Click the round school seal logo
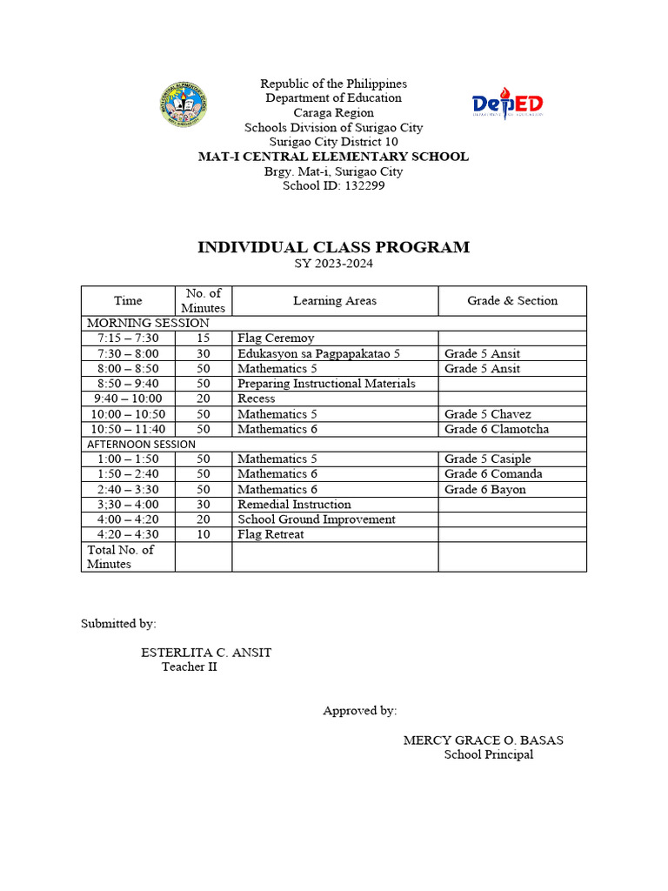(184, 104)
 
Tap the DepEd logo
(508, 104)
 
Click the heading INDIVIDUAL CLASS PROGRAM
(334, 247)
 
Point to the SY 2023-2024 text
(334, 264)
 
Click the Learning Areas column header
(335, 300)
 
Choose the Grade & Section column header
(512, 300)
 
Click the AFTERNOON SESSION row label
(142, 444)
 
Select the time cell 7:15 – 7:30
(128, 338)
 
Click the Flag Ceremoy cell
(276, 338)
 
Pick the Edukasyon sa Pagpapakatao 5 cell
(318, 353)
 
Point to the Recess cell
(256, 399)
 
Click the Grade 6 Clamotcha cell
(497, 429)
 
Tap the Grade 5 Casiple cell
(487, 459)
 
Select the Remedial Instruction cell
(294, 504)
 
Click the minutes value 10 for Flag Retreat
(204, 534)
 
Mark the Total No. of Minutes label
(121, 556)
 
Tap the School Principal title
(489, 754)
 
